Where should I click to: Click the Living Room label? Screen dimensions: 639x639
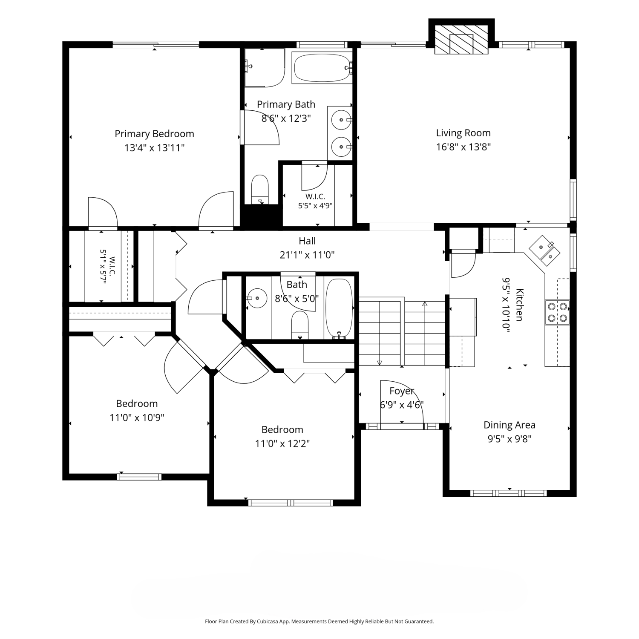(463, 133)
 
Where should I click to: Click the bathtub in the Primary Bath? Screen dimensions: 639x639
(322, 67)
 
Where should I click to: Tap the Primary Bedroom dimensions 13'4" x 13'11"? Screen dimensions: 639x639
(154, 148)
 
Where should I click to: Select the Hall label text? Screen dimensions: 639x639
(307, 241)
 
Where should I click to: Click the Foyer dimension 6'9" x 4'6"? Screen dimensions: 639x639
(402, 405)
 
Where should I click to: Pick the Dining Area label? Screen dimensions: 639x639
(509, 425)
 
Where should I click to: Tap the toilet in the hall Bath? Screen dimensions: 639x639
(300, 324)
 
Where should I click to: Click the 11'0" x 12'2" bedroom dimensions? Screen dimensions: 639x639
(282, 443)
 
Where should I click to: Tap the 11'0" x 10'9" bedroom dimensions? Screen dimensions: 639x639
(137, 417)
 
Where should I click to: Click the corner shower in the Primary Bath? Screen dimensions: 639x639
(265, 68)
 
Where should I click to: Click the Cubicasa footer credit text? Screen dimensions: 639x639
(319, 622)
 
